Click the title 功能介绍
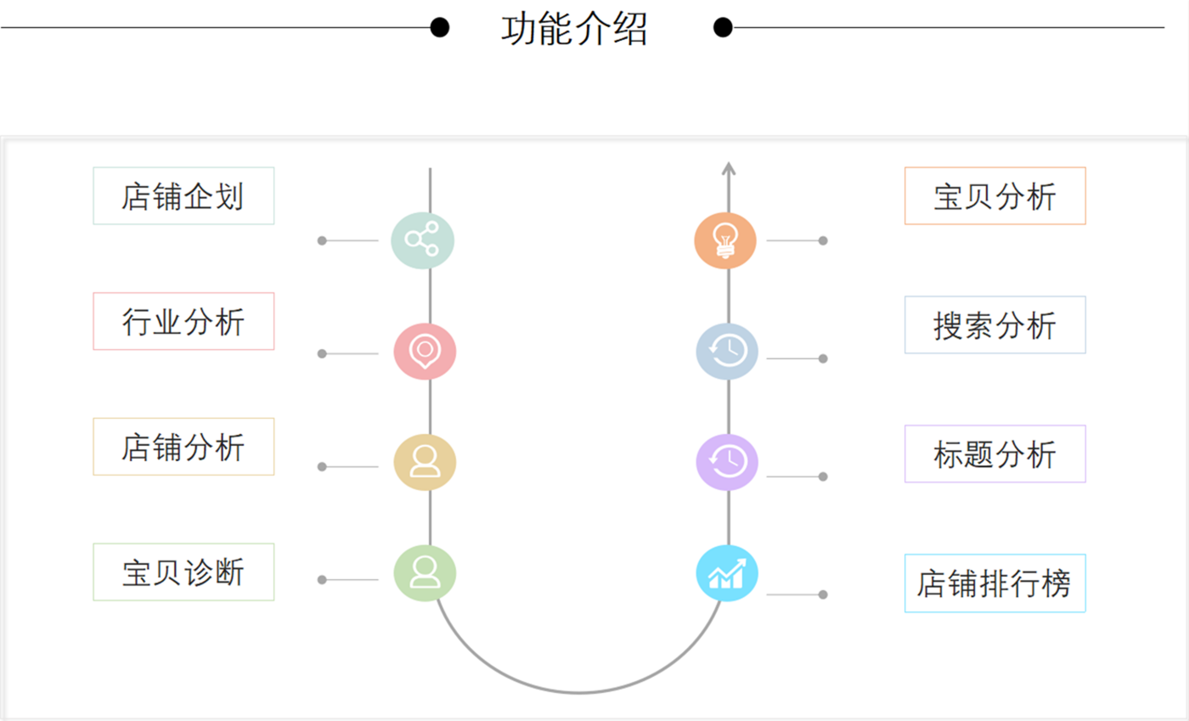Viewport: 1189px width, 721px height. (574, 29)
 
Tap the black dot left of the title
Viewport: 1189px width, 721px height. (439, 28)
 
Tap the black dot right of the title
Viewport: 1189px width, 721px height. (723, 28)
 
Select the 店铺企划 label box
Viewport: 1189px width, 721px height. (183, 196)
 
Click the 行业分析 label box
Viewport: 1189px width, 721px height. (183, 321)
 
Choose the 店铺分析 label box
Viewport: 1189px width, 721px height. (183, 447)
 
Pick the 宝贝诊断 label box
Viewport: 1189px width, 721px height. (183, 572)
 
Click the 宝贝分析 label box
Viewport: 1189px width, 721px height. (995, 196)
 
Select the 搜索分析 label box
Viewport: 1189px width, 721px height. (995, 324)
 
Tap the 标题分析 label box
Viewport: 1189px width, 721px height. (995, 453)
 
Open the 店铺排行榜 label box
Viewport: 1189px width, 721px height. (995, 583)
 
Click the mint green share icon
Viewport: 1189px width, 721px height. (423, 239)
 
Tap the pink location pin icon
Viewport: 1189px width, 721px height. (425, 351)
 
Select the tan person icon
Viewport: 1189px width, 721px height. (425, 462)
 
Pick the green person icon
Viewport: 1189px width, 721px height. (425, 572)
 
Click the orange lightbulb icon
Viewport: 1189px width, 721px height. (725, 239)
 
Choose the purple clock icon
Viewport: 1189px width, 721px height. (727, 462)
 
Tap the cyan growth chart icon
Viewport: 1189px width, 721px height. (727, 572)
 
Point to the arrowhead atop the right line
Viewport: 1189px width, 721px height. (728, 168)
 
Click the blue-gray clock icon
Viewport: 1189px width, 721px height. (727, 351)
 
